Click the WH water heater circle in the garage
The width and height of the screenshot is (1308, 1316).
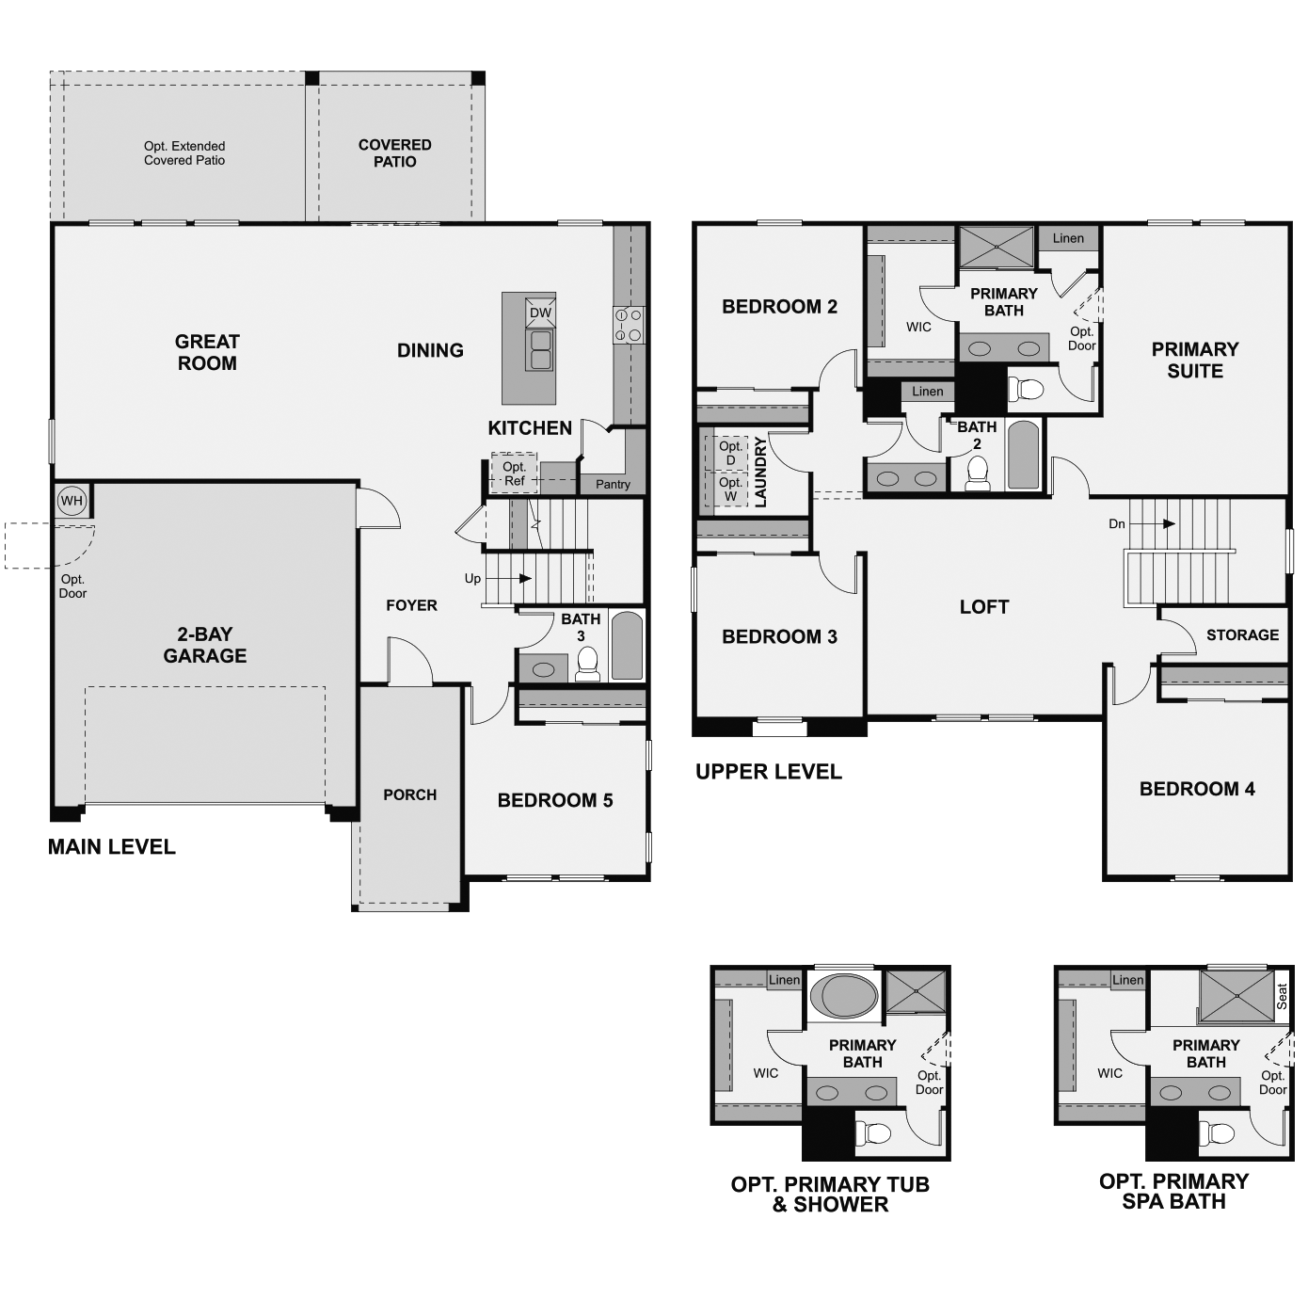[x=72, y=500]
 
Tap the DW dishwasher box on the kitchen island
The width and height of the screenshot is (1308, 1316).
[x=540, y=313]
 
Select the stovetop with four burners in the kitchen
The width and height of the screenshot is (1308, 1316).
[x=628, y=325]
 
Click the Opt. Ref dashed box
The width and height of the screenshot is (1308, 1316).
[x=514, y=473]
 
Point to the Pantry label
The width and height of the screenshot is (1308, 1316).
[x=613, y=484]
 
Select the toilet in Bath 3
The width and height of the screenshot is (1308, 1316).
[x=588, y=665]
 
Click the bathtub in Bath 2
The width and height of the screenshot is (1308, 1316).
[x=1023, y=456]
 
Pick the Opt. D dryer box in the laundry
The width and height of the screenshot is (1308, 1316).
[x=730, y=453]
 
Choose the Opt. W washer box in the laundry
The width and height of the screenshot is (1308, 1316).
[x=730, y=489]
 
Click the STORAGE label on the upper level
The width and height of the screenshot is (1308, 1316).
[x=1242, y=634]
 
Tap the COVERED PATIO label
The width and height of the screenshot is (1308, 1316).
[x=394, y=152]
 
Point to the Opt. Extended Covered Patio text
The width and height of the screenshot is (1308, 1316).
[x=184, y=152]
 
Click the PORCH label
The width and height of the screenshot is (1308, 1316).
[x=409, y=794]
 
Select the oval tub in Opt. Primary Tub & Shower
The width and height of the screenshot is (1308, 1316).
[x=844, y=995]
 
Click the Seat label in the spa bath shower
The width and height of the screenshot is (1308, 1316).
[x=1281, y=997]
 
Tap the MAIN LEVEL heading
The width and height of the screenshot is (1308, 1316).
[x=111, y=846]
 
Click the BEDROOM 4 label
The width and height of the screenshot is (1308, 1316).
[x=1196, y=789]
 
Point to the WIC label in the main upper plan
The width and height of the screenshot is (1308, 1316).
[x=918, y=327]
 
